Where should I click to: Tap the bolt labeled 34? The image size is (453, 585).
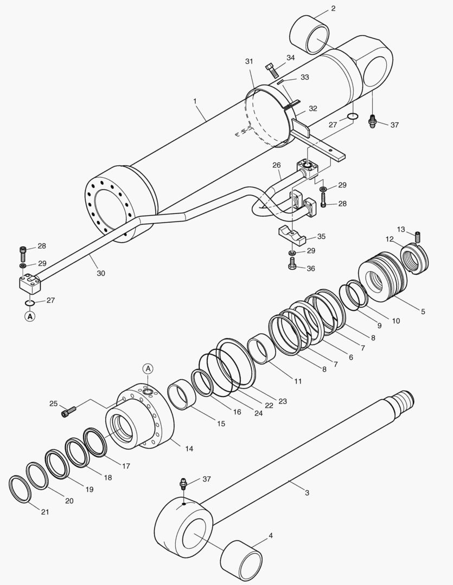(x=272, y=70)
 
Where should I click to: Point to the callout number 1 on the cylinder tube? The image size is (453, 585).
(x=195, y=101)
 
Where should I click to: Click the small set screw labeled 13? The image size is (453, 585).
(x=418, y=237)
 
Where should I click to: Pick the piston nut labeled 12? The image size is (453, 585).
(x=416, y=258)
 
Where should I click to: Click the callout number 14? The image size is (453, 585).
(x=189, y=448)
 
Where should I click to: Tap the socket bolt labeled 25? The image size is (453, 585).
(x=67, y=413)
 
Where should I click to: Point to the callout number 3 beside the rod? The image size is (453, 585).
(x=307, y=492)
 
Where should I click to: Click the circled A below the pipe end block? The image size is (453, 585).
(x=30, y=315)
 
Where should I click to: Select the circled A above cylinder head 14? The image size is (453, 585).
(x=149, y=369)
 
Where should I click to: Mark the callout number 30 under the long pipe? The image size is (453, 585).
(x=101, y=274)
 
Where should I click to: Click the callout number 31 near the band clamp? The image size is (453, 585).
(x=249, y=62)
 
